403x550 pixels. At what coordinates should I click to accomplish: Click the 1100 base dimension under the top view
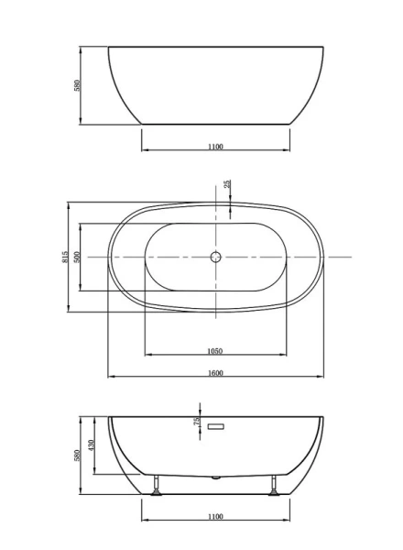coord(216,146)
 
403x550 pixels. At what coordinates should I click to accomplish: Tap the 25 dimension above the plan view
coord(228,185)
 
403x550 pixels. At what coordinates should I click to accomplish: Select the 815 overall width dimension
coord(65,258)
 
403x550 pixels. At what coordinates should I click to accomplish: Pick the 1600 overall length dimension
coord(216,372)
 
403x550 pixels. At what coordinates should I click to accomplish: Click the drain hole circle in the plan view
coord(216,257)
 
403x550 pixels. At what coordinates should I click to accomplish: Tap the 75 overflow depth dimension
coord(197,421)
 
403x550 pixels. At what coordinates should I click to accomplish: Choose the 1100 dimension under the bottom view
coord(216,516)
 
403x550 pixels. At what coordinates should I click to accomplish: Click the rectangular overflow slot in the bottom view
coord(217,426)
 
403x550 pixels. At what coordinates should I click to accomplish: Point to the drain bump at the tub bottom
coord(216,478)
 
